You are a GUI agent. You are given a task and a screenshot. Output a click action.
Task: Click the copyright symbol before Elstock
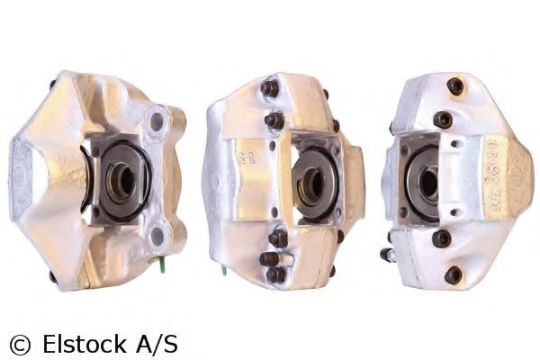pos(19,344)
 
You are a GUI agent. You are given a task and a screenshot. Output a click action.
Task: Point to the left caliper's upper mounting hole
pos(157,119)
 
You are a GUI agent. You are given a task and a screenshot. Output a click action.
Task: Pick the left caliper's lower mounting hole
pos(157,237)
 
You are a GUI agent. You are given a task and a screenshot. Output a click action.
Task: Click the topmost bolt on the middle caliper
pos(270,88)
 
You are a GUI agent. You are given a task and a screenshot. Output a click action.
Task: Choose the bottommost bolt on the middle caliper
pos(276,274)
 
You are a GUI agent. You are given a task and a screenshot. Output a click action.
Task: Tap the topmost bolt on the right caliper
pos(455,86)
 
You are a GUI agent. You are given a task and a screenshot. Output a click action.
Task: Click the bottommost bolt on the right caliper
pos(454,274)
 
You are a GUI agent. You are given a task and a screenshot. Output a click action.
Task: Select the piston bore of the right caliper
pos(427,184)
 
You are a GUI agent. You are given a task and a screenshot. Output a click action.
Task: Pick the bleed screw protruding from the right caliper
pos(388,255)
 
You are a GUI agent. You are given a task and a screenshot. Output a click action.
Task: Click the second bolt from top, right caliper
pos(443,119)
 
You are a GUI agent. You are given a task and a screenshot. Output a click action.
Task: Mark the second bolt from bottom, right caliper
pos(442,238)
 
